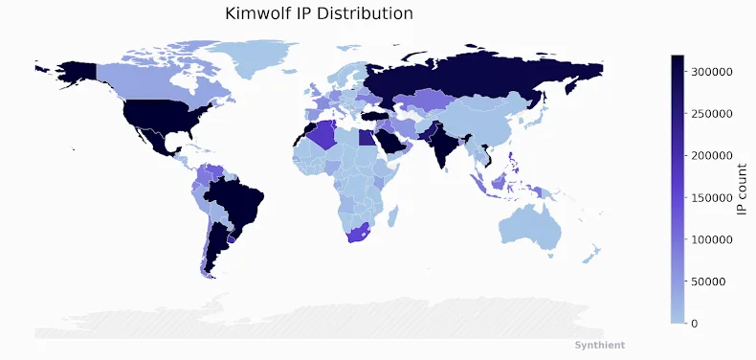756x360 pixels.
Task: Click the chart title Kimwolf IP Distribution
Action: point(319,13)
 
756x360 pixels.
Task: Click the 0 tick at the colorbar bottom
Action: point(707,324)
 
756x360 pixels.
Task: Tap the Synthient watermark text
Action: point(599,345)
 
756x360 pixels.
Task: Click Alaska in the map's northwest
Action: point(73,72)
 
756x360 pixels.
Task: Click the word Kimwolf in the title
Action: point(257,13)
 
